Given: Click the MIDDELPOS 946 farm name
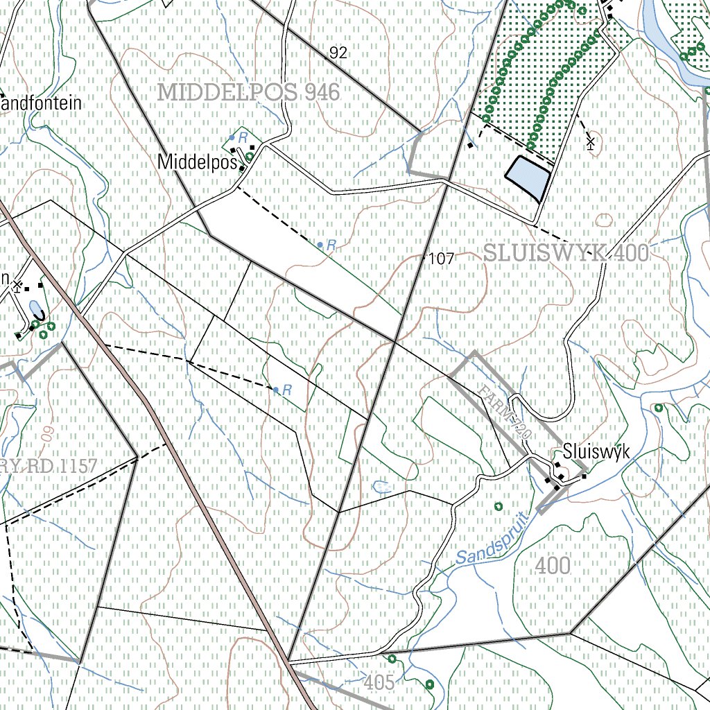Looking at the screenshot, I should coord(249,92).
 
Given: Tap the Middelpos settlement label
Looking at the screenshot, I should coord(198,162).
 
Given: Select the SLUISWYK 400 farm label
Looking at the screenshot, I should coord(566,253).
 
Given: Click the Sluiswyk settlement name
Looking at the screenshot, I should coord(596,452).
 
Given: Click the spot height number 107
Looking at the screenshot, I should coord(441,259).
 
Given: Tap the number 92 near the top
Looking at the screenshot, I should coord(338,53).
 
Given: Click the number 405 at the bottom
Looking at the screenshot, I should coord(379,683).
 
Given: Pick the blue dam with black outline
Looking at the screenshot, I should coord(528,178).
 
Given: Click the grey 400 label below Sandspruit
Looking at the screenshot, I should coord(553,566).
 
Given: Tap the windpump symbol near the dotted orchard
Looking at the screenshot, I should coord(590,144).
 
